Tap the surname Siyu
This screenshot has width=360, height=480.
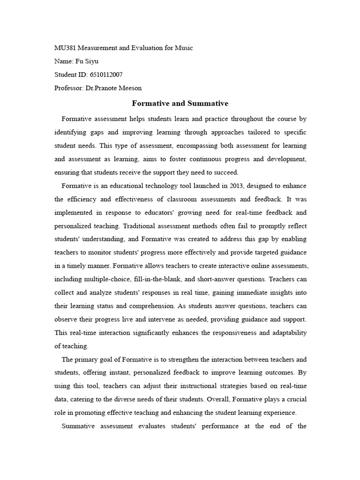coord(92,61)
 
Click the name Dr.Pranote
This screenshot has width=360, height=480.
coord(103,88)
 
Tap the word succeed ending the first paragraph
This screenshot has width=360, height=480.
coord(226,172)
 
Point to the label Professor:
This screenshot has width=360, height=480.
coord(68,88)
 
